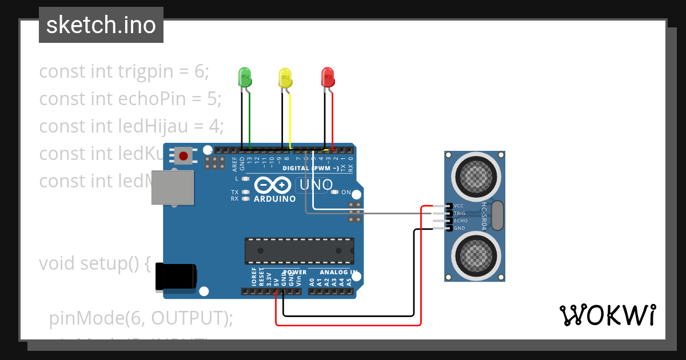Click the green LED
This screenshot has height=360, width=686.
[245, 77]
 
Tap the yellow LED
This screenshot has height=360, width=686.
[285, 78]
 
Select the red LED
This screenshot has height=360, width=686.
[328, 77]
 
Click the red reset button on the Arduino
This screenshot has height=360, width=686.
[184, 155]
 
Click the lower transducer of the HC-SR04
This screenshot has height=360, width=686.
[474, 255]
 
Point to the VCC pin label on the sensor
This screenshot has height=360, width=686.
[458, 206]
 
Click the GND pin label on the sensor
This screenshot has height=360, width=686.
[458, 228]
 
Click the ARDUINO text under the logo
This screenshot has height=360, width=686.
[274, 199]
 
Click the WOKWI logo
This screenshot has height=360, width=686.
[607, 315]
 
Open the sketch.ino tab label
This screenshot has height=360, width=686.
[101, 25]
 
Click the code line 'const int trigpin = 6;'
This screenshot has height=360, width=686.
[124, 71]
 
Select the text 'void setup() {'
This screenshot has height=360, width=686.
[95, 263]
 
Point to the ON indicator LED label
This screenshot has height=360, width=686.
[346, 193]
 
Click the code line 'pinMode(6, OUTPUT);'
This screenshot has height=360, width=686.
[141, 318]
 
